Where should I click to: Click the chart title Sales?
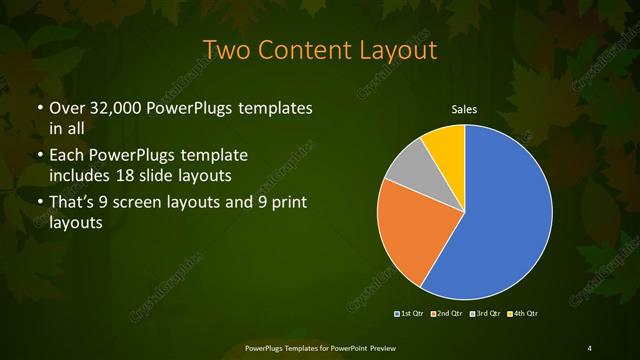pyautogui.click(x=464, y=109)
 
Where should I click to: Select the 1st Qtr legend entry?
pyautogui.click(x=411, y=314)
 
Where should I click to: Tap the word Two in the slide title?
pyautogui.click(x=223, y=49)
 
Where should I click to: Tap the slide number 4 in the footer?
pyautogui.click(x=590, y=347)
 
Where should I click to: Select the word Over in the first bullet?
pyautogui.click(x=66, y=107)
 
